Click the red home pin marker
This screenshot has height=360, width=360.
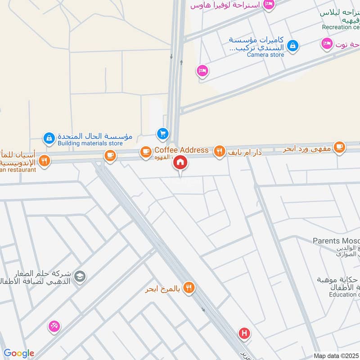click(180, 162)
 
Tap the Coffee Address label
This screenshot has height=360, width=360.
click(181, 150)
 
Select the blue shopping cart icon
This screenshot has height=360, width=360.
click(162, 134)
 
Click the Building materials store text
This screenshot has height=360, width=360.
click(90, 144)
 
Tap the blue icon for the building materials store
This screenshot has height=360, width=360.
click(49, 137)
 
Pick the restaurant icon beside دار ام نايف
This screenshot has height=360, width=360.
click(219, 152)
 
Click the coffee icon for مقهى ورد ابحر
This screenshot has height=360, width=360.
click(339, 147)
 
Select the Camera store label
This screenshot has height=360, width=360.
click(265, 54)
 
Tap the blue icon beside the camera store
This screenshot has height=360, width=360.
click(293, 45)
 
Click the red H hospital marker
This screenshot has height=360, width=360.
click(244, 334)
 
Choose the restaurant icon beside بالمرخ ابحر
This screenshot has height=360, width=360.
click(189, 287)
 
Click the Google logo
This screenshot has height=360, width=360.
click(19, 353)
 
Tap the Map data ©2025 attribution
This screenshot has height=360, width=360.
click(336, 355)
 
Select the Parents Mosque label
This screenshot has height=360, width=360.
click(336, 241)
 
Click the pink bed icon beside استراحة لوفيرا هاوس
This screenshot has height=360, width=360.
click(269, 4)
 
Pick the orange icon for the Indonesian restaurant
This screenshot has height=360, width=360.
click(44, 161)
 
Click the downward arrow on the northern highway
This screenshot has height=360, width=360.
click(171, 56)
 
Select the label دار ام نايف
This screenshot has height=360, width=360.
click(245, 153)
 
